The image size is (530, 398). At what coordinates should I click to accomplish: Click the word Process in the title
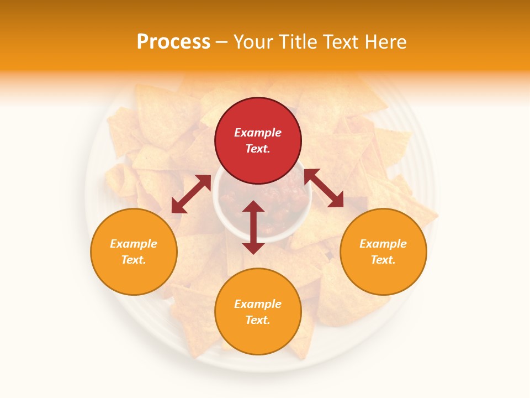(173, 42)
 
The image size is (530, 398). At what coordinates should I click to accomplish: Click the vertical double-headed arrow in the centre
(253, 227)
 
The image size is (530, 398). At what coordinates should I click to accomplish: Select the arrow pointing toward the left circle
(191, 194)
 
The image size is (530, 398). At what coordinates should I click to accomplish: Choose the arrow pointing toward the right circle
(324, 188)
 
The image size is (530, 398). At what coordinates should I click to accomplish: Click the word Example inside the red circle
(258, 133)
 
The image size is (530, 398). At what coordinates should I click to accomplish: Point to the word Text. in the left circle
(134, 260)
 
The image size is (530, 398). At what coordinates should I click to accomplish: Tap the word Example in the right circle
(383, 244)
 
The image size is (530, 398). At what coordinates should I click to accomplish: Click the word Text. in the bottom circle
(258, 320)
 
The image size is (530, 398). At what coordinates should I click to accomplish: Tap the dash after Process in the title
(222, 43)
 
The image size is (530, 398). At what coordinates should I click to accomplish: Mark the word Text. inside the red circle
(258, 149)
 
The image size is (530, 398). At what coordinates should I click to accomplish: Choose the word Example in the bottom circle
(258, 304)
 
